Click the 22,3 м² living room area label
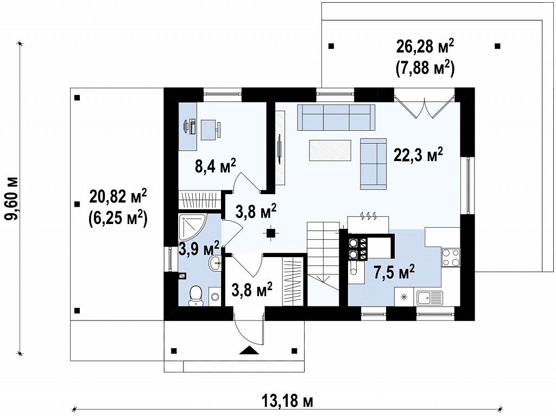tap(419, 155)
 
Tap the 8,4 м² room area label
tap(216, 165)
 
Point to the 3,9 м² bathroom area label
tap(199, 248)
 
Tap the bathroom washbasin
tap(216, 263)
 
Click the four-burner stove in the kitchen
tap(451, 258)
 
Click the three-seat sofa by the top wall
tap(336, 117)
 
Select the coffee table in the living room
tap(330, 150)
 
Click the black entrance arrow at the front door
tap(249, 350)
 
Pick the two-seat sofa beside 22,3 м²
tap(374, 164)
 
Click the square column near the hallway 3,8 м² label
tap(271, 233)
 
